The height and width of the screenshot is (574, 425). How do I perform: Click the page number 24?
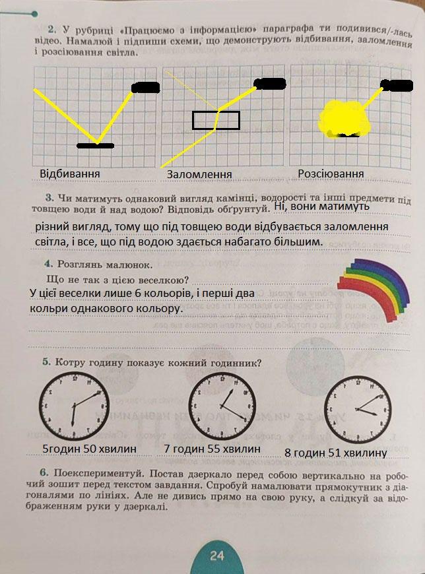(x=217, y=556)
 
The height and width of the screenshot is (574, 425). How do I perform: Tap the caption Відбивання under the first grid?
(x=70, y=174)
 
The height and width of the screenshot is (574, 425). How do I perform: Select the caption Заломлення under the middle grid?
(x=199, y=175)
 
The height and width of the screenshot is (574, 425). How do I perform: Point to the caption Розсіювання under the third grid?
(x=331, y=173)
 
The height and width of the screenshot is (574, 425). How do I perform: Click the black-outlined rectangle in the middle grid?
(x=216, y=120)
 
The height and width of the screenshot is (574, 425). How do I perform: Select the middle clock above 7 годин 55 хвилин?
(x=222, y=404)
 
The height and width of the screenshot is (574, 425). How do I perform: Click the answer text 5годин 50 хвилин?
(x=89, y=449)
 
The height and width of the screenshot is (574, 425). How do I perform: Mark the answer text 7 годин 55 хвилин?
(x=211, y=449)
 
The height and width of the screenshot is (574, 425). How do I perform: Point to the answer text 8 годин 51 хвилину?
(x=335, y=453)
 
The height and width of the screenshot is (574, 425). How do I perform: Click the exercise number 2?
(x=51, y=30)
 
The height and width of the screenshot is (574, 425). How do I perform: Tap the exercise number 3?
(x=49, y=198)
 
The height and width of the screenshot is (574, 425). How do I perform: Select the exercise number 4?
(x=48, y=264)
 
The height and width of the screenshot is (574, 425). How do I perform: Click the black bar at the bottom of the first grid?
(x=95, y=144)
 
